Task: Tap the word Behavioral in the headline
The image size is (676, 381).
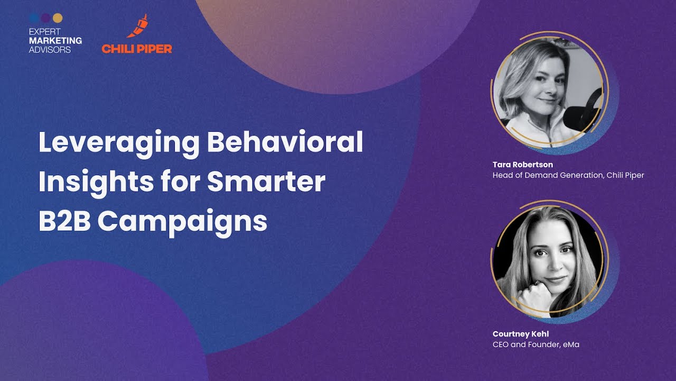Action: click(285, 142)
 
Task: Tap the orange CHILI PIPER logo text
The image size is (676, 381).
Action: click(137, 49)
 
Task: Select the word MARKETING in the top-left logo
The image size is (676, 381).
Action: click(55, 41)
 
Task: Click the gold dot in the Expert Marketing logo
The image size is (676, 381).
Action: click(58, 18)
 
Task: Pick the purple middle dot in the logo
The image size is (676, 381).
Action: click(46, 18)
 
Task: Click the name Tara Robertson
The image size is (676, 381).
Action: click(523, 165)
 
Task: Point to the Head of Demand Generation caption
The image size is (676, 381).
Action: click(568, 175)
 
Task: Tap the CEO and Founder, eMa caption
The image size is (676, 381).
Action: click(536, 345)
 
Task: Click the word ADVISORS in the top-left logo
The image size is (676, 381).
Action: click(50, 50)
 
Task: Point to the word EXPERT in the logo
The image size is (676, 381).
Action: click(45, 32)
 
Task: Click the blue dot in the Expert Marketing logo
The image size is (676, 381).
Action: click(34, 18)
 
